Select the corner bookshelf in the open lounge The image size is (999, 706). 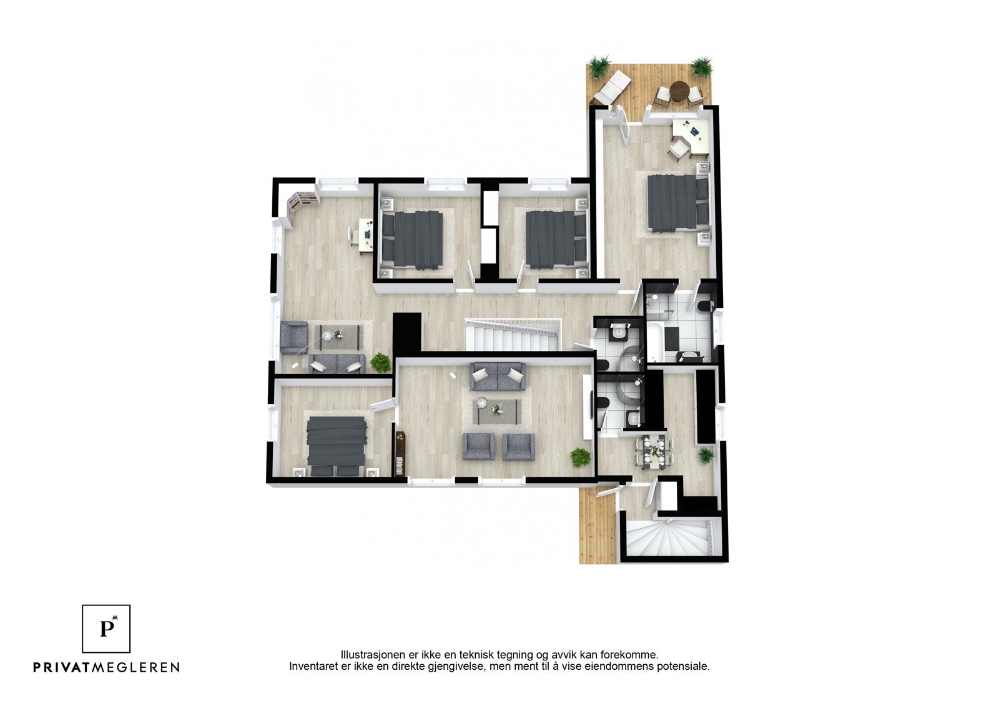coord(301,201)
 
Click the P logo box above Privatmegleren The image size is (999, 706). coord(106,629)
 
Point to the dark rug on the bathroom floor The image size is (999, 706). coord(671,338)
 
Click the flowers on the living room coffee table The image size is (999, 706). coord(497,409)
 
